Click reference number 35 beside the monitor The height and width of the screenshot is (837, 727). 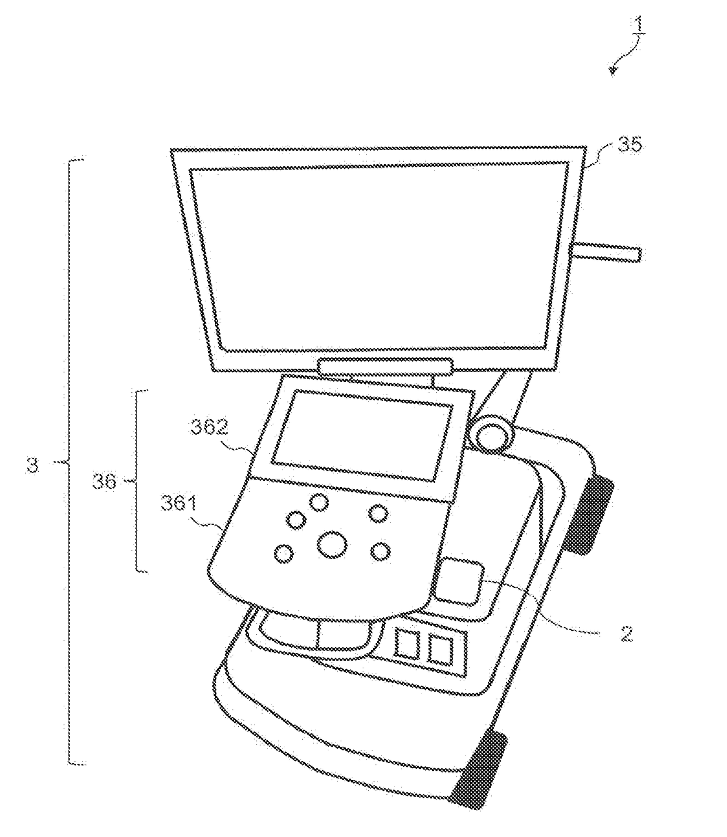tap(629, 145)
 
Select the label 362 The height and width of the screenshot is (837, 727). tap(209, 427)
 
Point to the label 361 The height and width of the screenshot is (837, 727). tap(178, 504)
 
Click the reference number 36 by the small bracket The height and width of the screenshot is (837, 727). tap(104, 482)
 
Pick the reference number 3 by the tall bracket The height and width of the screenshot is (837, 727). tap(32, 465)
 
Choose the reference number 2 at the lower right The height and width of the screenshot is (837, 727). tap(626, 633)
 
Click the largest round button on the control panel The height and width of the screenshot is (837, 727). tap(332, 545)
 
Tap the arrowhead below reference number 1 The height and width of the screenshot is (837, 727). tap(613, 71)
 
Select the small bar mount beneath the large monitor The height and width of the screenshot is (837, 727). tap(386, 366)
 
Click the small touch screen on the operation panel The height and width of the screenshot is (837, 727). tap(362, 435)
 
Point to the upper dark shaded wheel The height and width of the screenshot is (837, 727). tap(588, 517)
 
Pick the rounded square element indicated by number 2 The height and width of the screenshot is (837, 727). tap(458, 581)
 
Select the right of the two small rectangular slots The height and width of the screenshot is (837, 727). tap(440, 651)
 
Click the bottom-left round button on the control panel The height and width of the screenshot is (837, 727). tap(284, 554)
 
